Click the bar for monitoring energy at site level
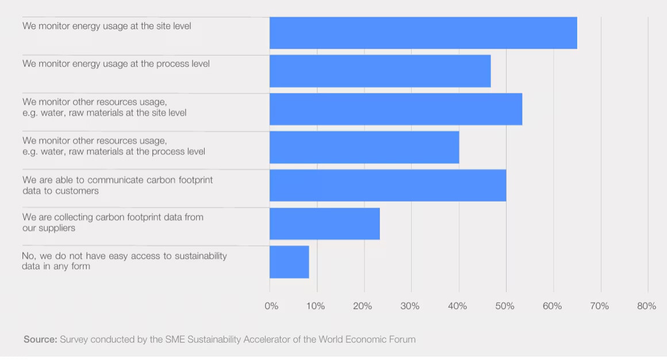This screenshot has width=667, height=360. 423,33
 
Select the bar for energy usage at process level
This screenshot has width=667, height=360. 380,71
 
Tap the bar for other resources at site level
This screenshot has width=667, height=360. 396,109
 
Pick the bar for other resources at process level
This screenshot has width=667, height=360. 364,148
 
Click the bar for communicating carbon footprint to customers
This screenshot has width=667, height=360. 388,186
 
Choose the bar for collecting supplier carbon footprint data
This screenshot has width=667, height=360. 324,224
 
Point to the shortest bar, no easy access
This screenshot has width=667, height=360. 289,262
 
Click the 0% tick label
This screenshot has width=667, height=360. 271,307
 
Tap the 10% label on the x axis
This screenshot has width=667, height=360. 315,307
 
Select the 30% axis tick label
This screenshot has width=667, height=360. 410,307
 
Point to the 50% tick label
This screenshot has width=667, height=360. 505,307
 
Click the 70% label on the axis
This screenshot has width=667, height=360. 599,307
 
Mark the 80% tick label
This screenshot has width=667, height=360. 646,307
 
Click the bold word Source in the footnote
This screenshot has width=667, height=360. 40,339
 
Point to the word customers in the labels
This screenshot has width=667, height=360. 77,190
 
